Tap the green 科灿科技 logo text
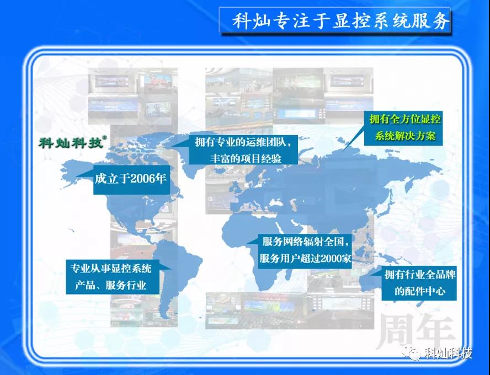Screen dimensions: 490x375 coord(71,143)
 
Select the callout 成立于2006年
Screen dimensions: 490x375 coord(131,179)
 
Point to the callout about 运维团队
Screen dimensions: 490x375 coord(243,150)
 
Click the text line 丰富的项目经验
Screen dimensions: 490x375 coord(246,158)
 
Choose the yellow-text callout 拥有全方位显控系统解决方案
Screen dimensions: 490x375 coord(403,127)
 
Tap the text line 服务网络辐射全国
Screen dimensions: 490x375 coord(303,242)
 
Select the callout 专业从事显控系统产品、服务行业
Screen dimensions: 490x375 coord(113,277)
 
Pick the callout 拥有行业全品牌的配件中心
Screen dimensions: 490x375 coord(419,283)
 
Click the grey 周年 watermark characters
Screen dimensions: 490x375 coord(416,332)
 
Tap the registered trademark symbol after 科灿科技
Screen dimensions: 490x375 coord(104,137)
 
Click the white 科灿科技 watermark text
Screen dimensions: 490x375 coord(449,353)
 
